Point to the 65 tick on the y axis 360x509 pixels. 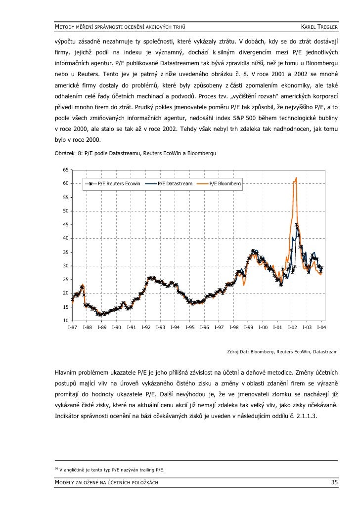[x=65, y=170]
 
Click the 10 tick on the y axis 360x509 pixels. [x=65, y=321]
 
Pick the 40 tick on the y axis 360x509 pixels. [x=65, y=239]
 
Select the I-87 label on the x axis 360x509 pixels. [x=72, y=328]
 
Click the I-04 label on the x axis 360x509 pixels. [x=321, y=328]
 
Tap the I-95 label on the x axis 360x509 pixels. [x=189, y=328]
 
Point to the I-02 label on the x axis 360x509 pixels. [x=292, y=328]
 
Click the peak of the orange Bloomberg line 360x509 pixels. [x=296, y=178]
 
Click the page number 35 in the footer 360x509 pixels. [x=334, y=482]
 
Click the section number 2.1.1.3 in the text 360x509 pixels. [x=306, y=416]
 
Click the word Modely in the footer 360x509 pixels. [x=67, y=482]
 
